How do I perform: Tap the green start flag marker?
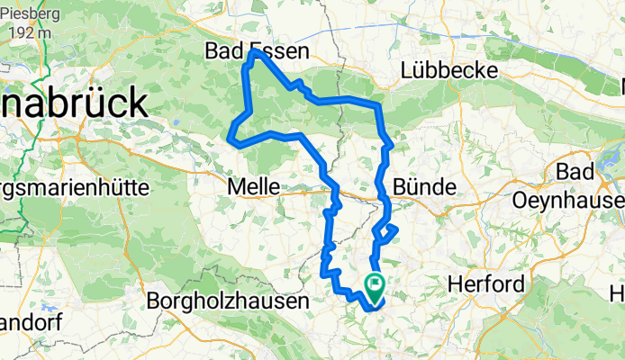click(x=375, y=288)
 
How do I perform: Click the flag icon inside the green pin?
click(x=375, y=285)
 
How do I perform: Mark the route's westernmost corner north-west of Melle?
click(x=231, y=139)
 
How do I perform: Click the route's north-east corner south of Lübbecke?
click(x=379, y=106)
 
